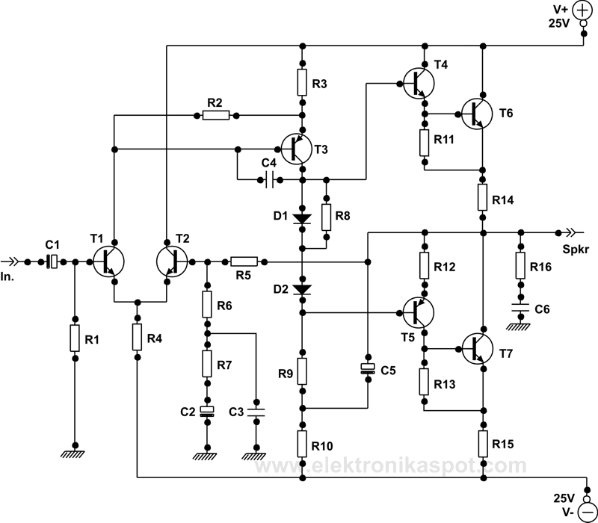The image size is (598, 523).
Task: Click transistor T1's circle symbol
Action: tap(109, 261)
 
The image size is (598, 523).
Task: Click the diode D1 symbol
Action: tap(302, 219)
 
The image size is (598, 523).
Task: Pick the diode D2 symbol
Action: tap(302, 288)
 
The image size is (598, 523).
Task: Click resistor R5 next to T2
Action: tap(244, 261)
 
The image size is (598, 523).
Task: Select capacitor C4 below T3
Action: tap(269, 179)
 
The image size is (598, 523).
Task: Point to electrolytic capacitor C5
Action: tap(368, 369)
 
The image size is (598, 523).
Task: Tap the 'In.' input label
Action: tap(10, 277)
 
